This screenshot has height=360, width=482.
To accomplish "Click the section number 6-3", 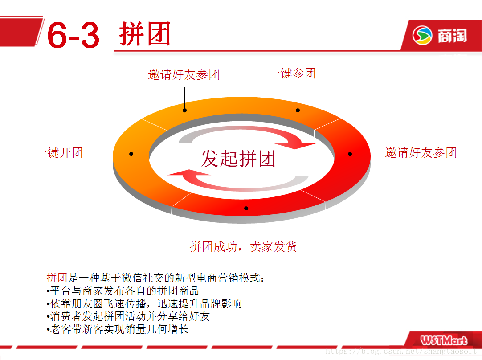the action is [x=73, y=35].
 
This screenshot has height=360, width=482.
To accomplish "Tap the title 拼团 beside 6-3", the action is [x=145, y=33].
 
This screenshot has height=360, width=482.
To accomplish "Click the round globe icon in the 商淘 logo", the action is [x=422, y=35].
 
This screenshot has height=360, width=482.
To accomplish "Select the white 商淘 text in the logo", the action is [x=452, y=36].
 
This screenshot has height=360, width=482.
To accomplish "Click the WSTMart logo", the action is [x=444, y=340].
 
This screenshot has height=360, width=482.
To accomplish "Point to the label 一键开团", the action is [x=59, y=153].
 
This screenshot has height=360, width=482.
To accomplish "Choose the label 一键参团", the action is [x=292, y=74].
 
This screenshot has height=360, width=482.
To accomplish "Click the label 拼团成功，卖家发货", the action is [x=243, y=246].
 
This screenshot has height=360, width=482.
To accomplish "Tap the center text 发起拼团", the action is [x=238, y=159].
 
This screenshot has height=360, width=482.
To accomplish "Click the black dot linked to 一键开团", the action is [x=131, y=154].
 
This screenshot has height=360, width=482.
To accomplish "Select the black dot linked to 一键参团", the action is [x=298, y=110].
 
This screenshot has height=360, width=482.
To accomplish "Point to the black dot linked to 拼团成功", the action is [x=246, y=209].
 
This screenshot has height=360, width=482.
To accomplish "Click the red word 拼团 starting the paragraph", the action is [x=57, y=278].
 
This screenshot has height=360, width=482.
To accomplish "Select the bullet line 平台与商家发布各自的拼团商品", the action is [x=123, y=291].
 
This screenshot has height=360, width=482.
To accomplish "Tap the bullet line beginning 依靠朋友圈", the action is [x=144, y=304].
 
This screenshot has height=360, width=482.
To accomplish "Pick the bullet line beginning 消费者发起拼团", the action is [x=128, y=316].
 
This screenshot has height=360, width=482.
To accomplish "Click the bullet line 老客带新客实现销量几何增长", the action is [x=118, y=329].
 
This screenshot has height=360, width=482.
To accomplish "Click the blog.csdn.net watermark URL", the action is [x=401, y=351].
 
